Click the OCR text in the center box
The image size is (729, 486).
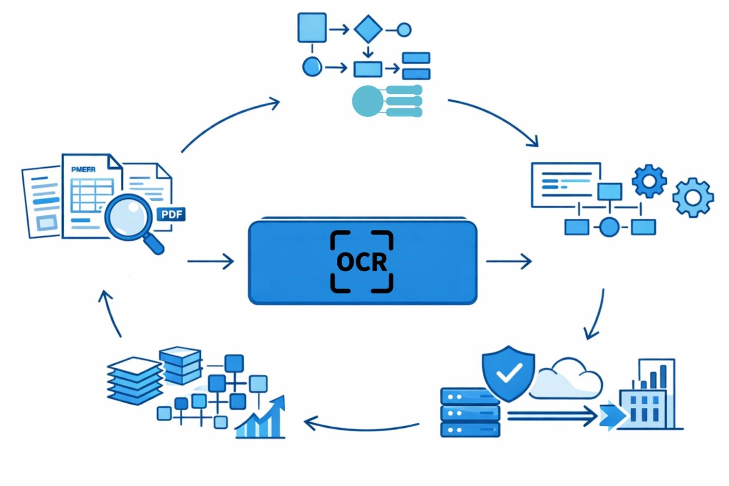362,262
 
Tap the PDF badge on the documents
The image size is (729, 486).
172,214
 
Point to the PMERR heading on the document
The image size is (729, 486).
83,169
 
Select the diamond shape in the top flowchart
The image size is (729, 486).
368,29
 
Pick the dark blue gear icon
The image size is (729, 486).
649,181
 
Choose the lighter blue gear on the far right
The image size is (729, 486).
693,197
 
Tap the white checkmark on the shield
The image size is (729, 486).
508,373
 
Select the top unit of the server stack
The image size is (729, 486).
469,397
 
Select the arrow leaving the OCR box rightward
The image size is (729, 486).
508,261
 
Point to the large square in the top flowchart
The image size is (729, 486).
312,27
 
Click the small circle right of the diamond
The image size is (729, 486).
404,30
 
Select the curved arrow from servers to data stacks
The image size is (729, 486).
362,426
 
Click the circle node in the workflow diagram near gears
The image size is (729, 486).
609,227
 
